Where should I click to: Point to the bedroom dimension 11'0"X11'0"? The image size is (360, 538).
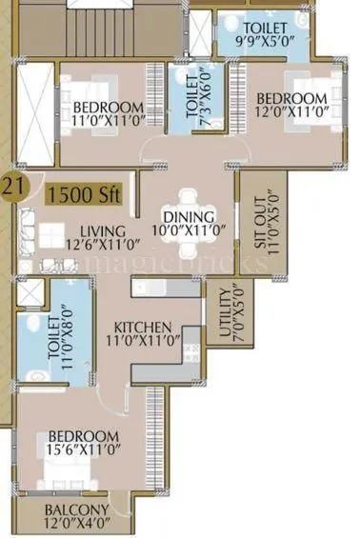coord(108,120)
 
